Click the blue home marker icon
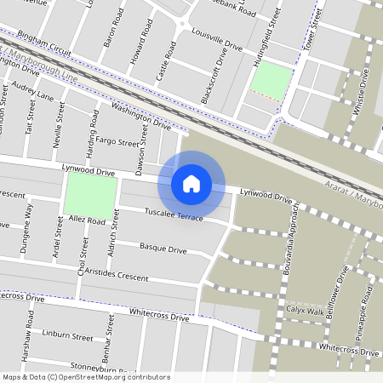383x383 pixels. click(191, 183)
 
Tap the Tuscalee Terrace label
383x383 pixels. click(174, 214)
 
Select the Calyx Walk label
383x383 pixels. click(305, 311)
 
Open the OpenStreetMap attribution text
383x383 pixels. click(86, 377)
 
